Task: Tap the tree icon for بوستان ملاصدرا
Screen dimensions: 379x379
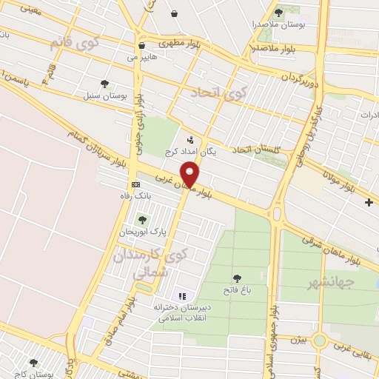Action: pyautogui.click(x=278, y=13)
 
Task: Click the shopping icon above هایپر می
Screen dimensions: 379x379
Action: pyautogui.click(x=141, y=45)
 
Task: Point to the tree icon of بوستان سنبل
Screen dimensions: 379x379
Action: pyautogui.click(x=104, y=84)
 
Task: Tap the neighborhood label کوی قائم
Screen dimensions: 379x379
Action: pyautogui.click(x=74, y=41)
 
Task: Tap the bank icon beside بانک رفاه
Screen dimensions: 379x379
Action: pyautogui.click(x=135, y=184)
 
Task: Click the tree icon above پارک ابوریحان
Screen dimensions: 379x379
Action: pyautogui.click(x=142, y=219)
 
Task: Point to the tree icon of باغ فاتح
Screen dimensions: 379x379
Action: pyautogui.click(x=237, y=278)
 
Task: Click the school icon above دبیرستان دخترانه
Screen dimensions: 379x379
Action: pyautogui.click(x=182, y=295)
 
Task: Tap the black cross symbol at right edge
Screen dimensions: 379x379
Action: pyautogui.click(x=369, y=202)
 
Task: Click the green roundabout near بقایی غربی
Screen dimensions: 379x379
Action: pyautogui.click(x=320, y=340)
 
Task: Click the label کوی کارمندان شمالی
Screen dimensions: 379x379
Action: pyautogui.click(x=147, y=264)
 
